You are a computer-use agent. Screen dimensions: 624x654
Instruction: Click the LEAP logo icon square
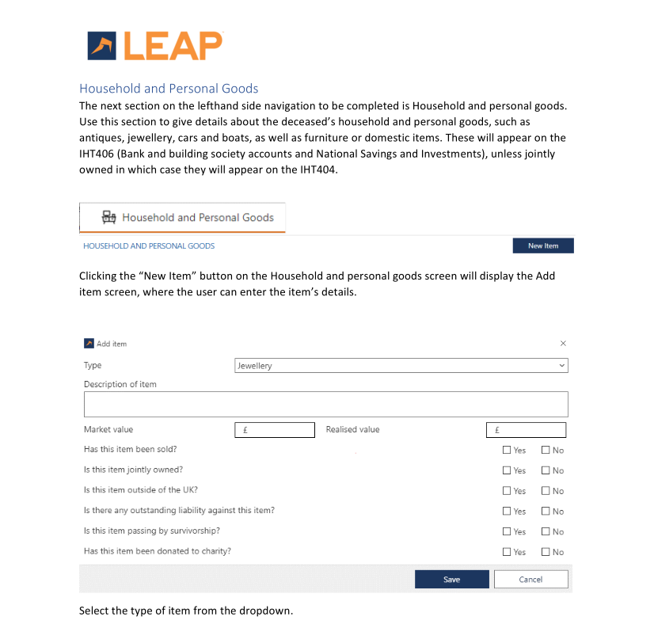[102, 46]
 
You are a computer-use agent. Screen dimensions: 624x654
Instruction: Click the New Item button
[543, 245]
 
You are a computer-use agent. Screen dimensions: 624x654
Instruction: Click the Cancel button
[530, 579]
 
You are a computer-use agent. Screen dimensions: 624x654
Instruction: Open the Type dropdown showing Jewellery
[401, 366]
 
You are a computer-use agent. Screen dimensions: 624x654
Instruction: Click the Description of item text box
[325, 404]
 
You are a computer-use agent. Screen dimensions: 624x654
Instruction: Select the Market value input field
[275, 430]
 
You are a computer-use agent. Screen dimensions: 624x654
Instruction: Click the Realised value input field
[526, 430]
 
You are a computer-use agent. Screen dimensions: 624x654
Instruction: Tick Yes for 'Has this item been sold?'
[507, 450]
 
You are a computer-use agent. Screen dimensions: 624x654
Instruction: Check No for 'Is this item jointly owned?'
[546, 470]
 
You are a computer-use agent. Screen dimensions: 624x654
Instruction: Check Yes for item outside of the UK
[507, 491]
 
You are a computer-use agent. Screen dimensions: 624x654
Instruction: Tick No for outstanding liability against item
[546, 512]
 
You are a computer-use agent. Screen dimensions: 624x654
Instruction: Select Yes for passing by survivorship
[507, 531]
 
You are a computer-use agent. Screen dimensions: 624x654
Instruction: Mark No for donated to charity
[546, 552]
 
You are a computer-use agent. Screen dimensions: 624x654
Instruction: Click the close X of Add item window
[563, 344]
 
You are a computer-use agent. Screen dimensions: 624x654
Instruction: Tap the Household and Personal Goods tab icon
[109, 217]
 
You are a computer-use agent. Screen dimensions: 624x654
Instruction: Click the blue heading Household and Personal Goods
[169, 88]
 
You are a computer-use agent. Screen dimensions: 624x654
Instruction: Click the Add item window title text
[112, 344]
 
